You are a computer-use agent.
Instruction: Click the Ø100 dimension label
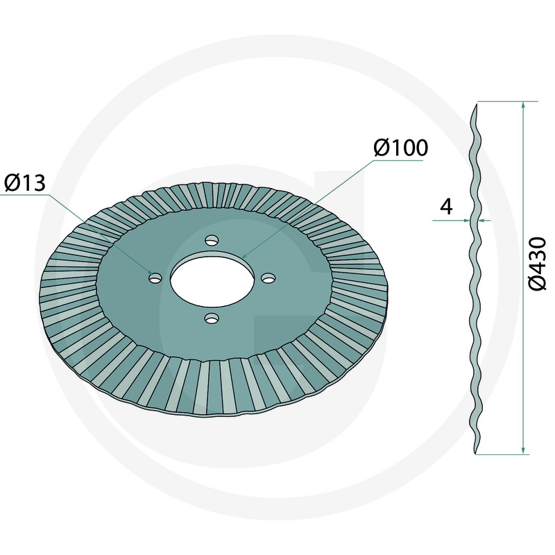401,147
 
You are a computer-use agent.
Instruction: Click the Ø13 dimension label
25,183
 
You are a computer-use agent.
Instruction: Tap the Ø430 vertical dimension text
537,264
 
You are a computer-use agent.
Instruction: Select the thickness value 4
446,206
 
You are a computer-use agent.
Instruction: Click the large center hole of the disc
212,282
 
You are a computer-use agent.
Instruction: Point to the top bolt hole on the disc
212,240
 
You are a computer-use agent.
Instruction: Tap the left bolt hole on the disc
155,278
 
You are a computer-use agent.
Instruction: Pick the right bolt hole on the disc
268,277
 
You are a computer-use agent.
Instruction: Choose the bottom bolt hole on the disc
212,319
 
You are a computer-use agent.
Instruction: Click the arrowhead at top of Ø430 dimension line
524,105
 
